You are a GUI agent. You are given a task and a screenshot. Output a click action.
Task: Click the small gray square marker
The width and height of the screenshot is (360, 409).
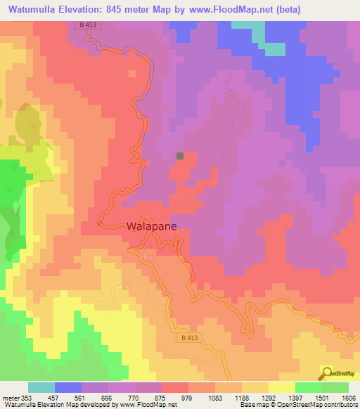[x=180, y=157]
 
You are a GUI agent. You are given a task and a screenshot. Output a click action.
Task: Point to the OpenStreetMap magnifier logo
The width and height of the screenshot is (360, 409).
[x=327, y=372]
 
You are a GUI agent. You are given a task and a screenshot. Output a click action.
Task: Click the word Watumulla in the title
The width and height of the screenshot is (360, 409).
[x=36, y=9]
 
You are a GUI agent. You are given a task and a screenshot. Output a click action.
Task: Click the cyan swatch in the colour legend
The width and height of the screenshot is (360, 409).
[x=41, y=387]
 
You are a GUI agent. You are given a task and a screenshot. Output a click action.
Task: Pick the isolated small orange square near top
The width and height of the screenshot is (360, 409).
[x=131, y=73]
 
